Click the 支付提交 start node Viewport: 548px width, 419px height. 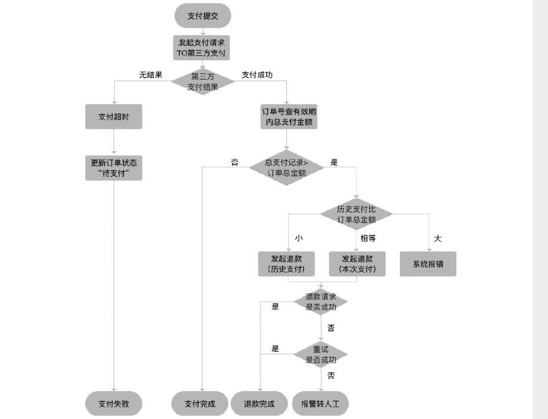pos(202,16)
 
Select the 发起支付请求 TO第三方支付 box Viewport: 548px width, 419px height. pos(202,48)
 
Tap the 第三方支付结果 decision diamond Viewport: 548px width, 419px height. pos(202,82)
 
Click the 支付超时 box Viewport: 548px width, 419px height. pos(114,117)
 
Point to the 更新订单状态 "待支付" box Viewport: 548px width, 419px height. pos(114,168)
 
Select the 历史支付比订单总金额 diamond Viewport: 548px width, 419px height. pos(357,214)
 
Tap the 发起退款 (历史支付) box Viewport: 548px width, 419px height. pos(288,264)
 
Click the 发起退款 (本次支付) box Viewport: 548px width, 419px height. pos(357,264)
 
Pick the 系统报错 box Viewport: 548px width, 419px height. pos(428,264)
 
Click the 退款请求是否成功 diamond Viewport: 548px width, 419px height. pos(321,302)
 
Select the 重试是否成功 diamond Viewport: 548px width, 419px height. pos(321,354)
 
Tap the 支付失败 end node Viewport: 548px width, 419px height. pos(114,404)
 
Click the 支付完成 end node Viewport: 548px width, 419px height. pos(200,404)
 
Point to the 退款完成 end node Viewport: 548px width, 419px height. pos(259,404)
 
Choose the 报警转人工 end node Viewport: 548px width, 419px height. pos(321,404)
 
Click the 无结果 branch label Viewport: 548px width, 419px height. pos(150,75)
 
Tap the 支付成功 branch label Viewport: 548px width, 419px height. pos(257,75)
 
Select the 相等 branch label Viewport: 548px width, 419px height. pos(368,238)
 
